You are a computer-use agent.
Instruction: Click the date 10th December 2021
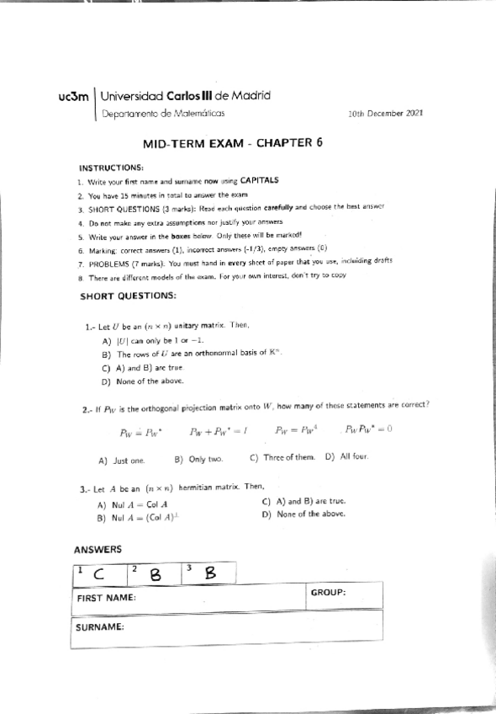tap(386, 112)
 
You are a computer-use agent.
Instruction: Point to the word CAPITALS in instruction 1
tap(260, 180)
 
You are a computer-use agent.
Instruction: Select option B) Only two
tap(198, 461)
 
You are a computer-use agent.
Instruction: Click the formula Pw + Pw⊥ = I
tap(217, 433)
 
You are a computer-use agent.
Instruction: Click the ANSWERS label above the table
tap(98, 549)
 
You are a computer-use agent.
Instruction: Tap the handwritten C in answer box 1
tap(99, 575)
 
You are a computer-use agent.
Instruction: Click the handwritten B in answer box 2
tap(155, 574)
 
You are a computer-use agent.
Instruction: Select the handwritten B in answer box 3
tap(210, 573)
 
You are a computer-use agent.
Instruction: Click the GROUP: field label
tap(329, 592)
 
